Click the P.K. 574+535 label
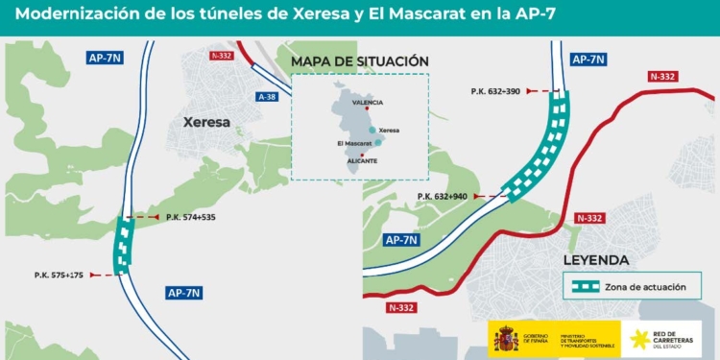(x=190, y=217)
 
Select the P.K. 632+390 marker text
(x=495, y=91)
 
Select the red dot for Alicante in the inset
(x=361, y=154)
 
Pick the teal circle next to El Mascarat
(x=378, y=142)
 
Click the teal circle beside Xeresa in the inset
(x=372, y=130)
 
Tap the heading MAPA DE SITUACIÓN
(x=359, y=61)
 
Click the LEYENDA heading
(x=596, y=259)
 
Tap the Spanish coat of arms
(x=505, y=338)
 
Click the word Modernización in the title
(x=73, y=15)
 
